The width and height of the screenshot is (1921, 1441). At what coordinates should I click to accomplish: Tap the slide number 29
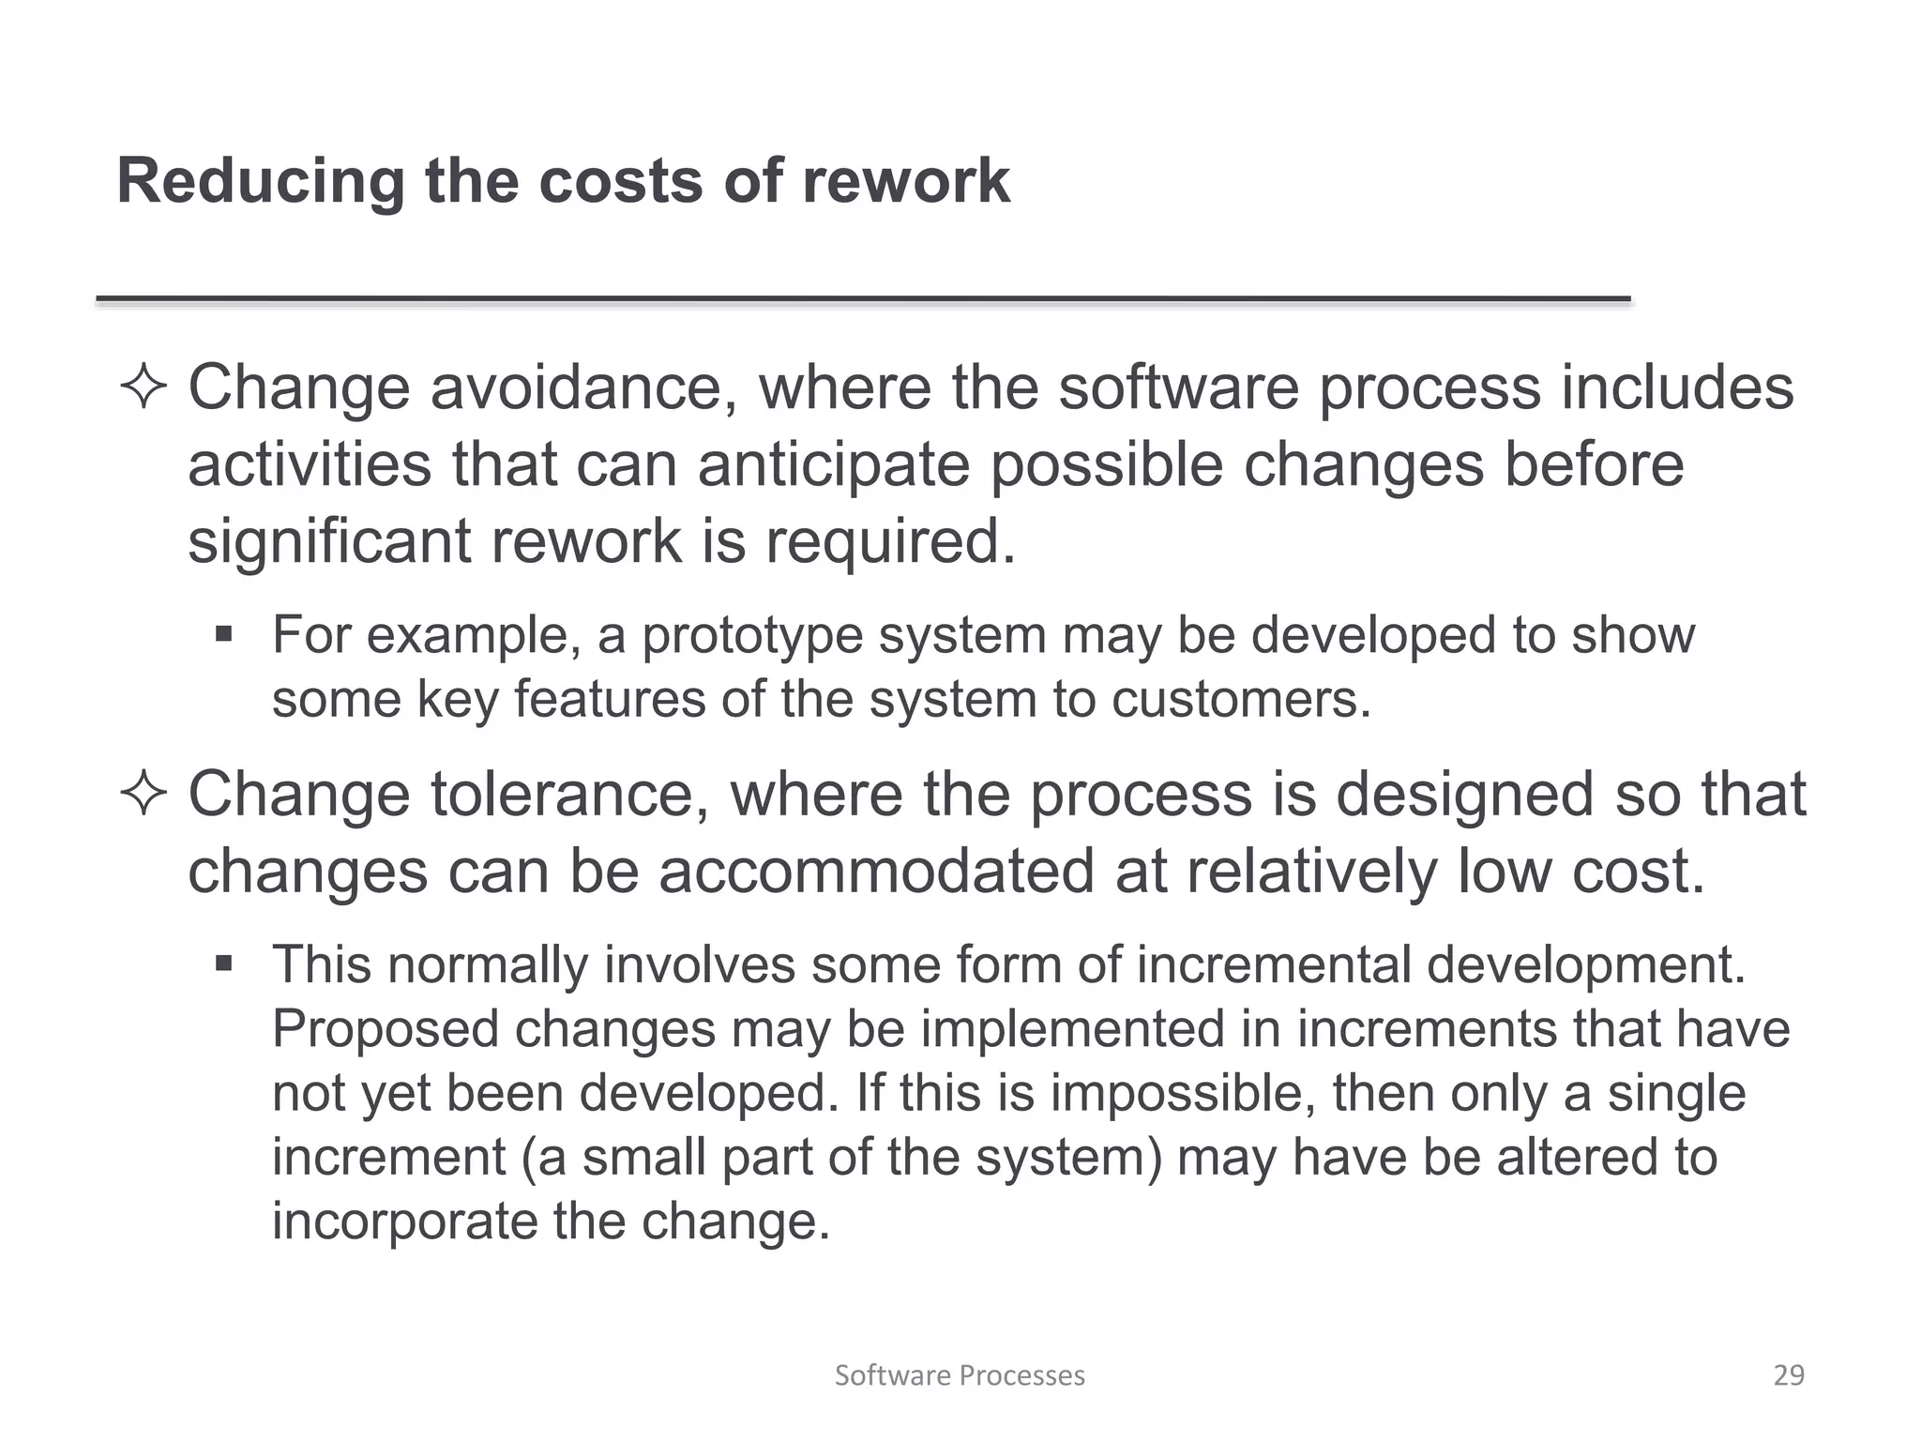(x=1789, y=1375)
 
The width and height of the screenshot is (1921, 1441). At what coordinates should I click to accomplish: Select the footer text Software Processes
(x=960, y=1375)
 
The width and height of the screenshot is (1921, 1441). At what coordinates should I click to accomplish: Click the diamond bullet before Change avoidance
(x=144, y=387)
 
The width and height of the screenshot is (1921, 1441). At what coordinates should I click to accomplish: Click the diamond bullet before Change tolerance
(x=144, y=795)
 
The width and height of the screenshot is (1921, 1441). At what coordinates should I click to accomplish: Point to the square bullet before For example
(x=223, y=635)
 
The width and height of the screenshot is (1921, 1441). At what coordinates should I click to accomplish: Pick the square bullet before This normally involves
(x=223, y=963)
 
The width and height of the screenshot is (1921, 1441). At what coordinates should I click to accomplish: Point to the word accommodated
(x=876, y=872)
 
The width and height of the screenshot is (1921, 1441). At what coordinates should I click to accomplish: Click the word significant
(x=329, y=542)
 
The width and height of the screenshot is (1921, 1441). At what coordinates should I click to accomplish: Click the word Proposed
(x=385, y=1029)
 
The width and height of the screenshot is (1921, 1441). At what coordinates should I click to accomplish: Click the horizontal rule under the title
(x=863, y=299)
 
